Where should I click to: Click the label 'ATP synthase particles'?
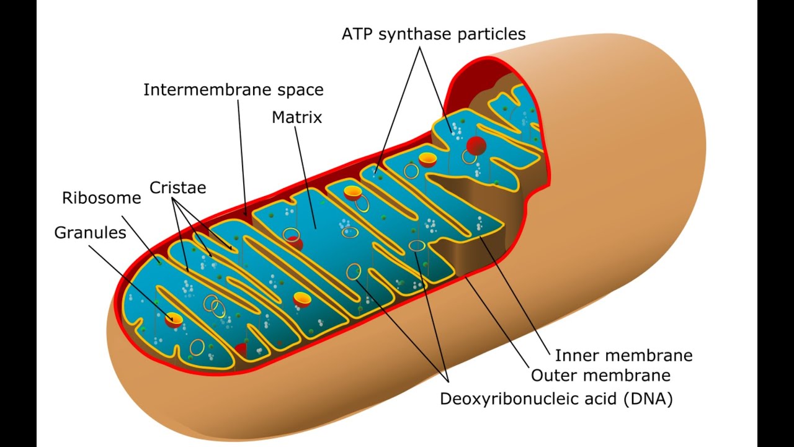(434, 34)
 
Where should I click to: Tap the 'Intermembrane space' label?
(233, 90)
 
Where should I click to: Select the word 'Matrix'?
(297, 117)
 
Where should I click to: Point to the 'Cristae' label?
(177, 187)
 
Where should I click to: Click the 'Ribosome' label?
(102, 198)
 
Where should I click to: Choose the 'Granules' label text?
(91, 233)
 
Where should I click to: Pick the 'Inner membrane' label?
(623, 356)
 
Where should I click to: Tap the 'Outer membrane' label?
(600, 376)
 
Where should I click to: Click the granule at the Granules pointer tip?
(174, 320)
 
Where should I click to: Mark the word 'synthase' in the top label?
(416, 35)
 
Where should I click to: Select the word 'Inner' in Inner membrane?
(577, 356)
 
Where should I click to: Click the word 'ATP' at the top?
(357, 34)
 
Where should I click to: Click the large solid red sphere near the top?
(476, 145)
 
